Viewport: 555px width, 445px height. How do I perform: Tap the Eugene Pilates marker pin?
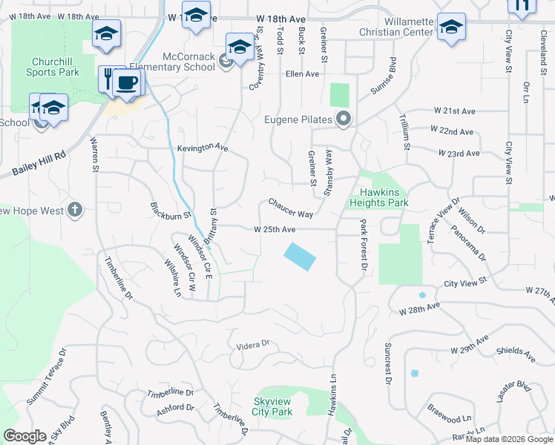(x=344, y=119)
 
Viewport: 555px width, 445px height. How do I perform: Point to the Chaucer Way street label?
(x=290, y=208)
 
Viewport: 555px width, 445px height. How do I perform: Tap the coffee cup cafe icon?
(x=128, y=82)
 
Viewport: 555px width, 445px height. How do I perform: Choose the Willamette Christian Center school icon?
(x=450, y=28)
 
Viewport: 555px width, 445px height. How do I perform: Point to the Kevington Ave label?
(x=202, y=148)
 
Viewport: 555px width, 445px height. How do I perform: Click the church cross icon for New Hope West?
(x=74, y=211)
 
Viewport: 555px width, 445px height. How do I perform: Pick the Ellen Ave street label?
(x=301, y=74)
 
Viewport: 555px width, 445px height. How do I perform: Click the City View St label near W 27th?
(x=464, y=283)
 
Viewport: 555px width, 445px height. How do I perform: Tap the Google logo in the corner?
(x=24, y=436)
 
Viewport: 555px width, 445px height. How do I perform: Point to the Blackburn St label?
(x=171, y=210)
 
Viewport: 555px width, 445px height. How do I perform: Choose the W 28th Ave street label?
(x=419, y=307)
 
